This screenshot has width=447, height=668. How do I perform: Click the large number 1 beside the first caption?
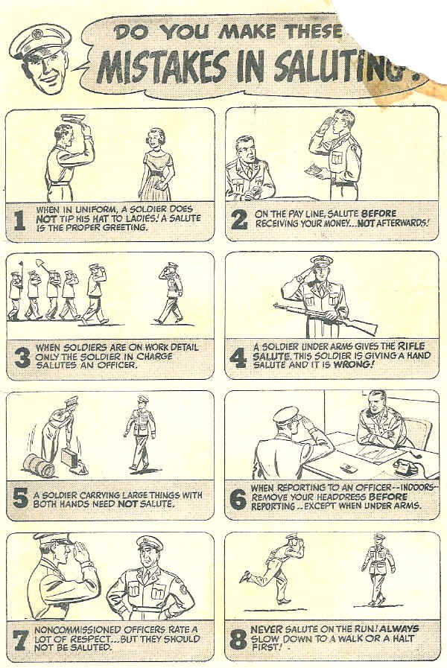[19, 220]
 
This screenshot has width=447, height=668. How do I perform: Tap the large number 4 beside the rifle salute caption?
[238, 358]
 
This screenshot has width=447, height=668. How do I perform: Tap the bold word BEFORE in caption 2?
[378, 214]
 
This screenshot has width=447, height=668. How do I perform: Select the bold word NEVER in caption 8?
[267, 629]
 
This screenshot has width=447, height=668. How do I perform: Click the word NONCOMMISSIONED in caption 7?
[75, 630]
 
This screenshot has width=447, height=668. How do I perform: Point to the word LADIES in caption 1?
[144, 218]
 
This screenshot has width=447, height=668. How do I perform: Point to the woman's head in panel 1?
[154, 139]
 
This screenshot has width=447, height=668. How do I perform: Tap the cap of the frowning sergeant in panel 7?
[150, 544]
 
